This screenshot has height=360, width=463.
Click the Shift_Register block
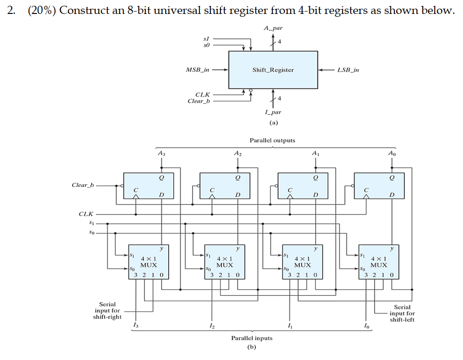point(273,70)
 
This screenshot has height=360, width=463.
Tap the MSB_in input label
point(197,70)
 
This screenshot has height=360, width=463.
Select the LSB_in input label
point(348,70)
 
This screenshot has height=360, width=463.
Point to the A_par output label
point(273,28)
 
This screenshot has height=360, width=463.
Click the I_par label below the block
point(273,112)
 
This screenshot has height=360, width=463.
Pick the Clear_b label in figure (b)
point(83,185)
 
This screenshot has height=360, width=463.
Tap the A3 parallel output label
point(160,153)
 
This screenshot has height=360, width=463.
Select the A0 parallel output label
point(391,153)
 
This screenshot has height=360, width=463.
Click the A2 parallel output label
point(237,153)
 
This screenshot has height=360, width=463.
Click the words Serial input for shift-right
point(107,310)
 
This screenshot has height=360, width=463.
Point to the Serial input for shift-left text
point(402,313)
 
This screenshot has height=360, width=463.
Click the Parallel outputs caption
point(272,140)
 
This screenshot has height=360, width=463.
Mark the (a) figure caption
point(273,123)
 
